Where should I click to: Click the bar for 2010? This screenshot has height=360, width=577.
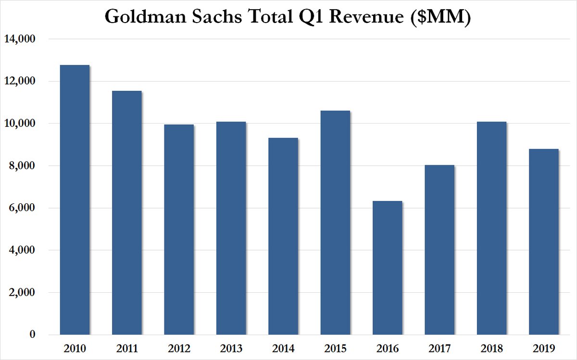(74, 199)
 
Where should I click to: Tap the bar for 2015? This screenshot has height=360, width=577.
(335, 223)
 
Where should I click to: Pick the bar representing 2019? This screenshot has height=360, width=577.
(543, 242)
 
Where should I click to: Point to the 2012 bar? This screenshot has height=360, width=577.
(178, 229)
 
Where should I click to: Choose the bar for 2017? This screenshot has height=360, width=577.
(439, 250)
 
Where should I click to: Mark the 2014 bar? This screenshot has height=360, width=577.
(283, 236)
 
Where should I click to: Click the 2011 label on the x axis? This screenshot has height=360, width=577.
(126, 348)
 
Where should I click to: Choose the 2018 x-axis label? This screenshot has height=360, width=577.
(491, 348)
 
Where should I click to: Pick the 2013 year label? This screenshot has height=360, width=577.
(231, 348)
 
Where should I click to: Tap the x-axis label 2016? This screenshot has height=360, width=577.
(387, 348)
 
